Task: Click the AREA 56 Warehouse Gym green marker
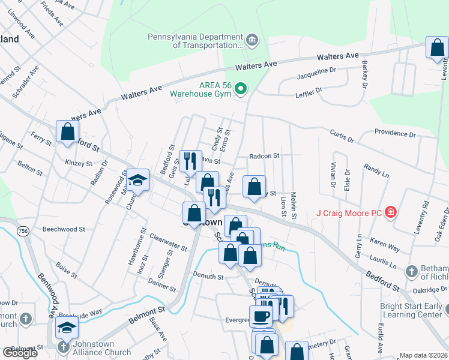(x=241, y=89)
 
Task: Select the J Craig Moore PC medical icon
(x=390, y=212)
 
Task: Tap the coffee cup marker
(x=261, y=316)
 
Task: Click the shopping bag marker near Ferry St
(x=67, y=131)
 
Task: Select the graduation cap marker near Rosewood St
(x=137, y=180)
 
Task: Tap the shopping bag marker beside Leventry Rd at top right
(x=437, y=48)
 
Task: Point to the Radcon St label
(x=265, y=156)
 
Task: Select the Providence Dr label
(x=394, y=133)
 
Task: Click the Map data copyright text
(x=424, y=355)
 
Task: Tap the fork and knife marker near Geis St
(x=190, y=161)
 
